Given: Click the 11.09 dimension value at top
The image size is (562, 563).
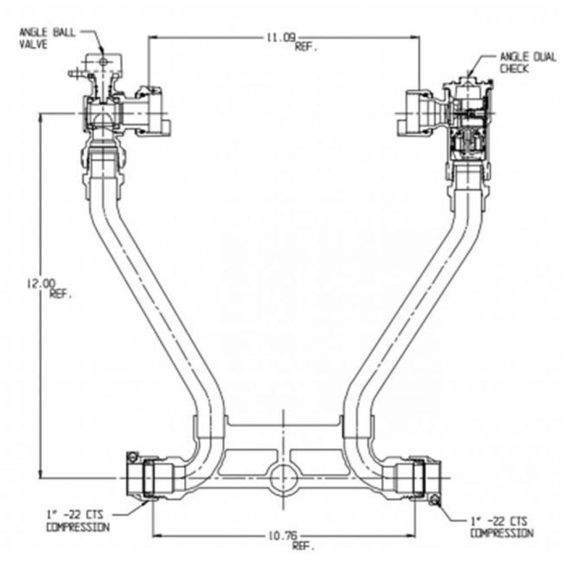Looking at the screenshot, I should (x=280, y=38).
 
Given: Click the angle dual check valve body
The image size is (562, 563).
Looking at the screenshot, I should (x=469, y=121).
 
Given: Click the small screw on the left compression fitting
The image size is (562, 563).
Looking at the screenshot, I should (x=132, y=457).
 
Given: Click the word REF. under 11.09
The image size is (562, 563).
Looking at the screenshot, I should (x=306, y=47).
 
